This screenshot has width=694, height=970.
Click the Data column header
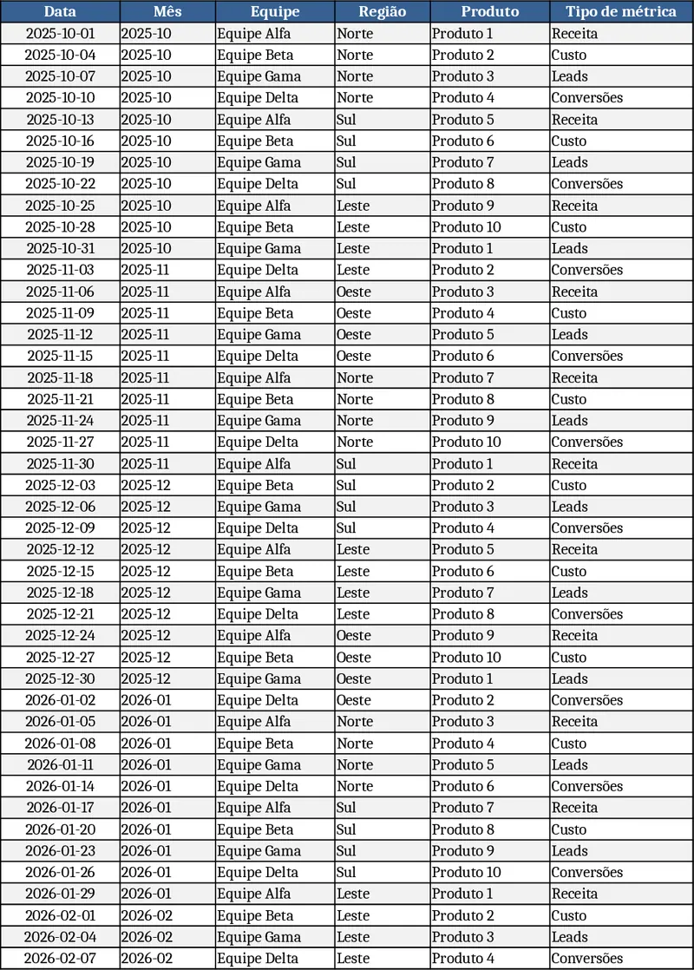(60, 11)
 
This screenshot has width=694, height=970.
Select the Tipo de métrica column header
(620, 11)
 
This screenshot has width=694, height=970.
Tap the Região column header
(382, 11)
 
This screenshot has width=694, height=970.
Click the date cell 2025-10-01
(60, 34)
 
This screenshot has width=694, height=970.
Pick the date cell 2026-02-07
(60, 959)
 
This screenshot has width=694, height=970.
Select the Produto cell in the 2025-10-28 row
(489, 227)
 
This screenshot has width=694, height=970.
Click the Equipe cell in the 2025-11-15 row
(275, 356)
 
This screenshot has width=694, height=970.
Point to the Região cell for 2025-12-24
(382, 636)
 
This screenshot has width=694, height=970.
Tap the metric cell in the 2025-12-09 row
(620, 528)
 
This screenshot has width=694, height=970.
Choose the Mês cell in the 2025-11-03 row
(167, 270)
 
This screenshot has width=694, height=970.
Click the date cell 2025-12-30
(60, 678)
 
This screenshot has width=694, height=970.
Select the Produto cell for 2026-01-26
(489, 872)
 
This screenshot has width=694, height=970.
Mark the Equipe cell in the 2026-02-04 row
(275, 937)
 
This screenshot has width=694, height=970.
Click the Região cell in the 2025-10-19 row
(382, 162)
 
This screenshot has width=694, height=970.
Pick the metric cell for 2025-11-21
(620, 399)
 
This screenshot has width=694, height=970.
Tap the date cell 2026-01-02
(60, 700)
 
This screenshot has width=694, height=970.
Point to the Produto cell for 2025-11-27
(489, 442)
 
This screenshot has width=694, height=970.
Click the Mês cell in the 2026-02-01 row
(167, 915)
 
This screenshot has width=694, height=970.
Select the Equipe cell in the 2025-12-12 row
(275, 549)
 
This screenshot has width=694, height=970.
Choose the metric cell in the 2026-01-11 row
(620, 765)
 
